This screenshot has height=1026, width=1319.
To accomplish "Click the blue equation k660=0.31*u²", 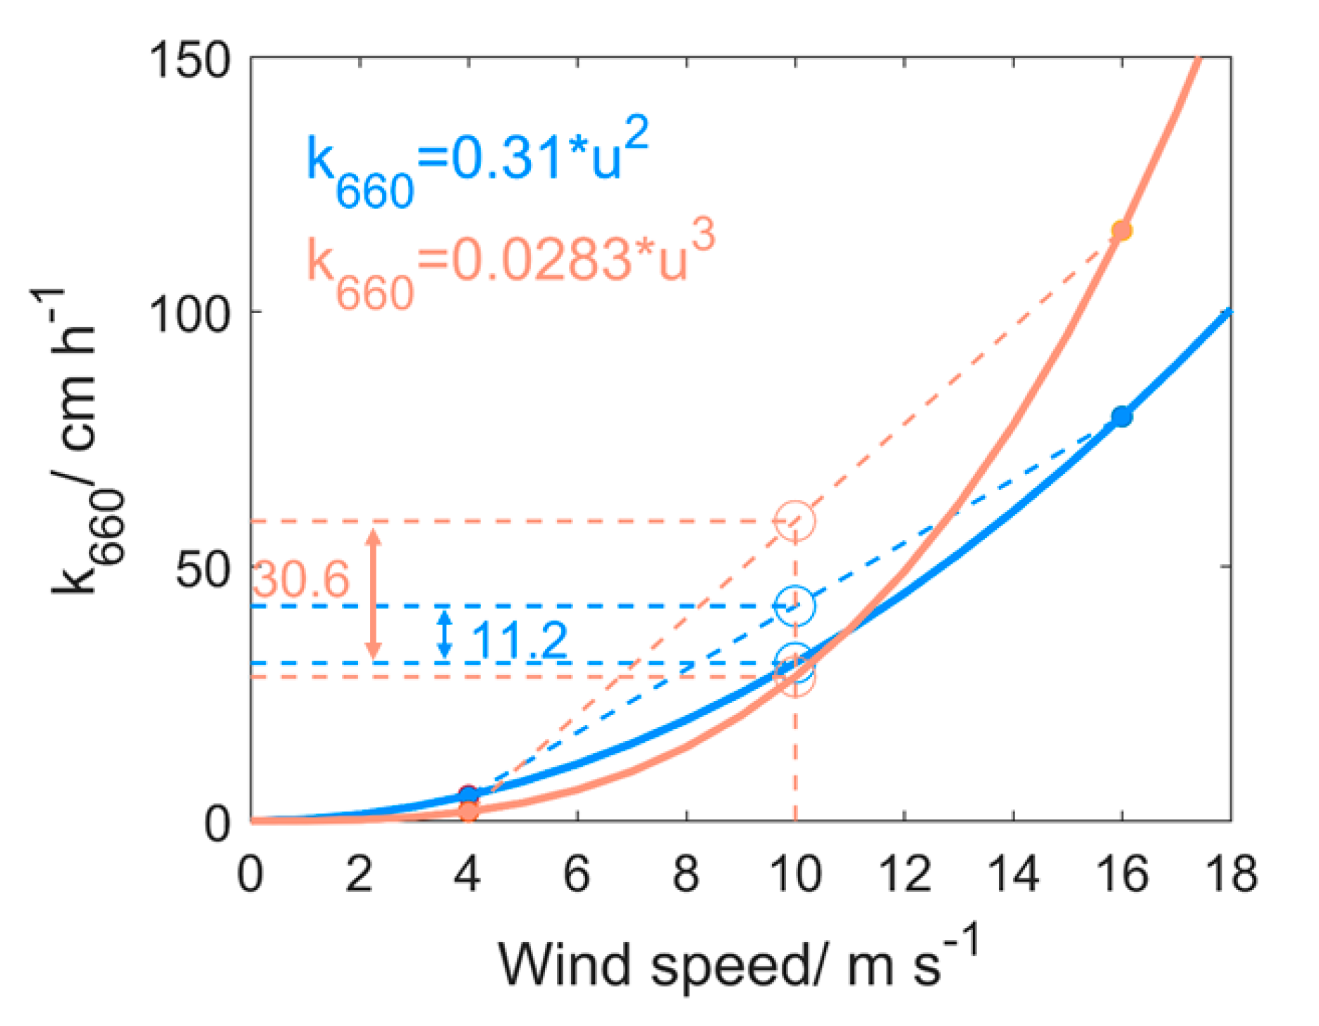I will (x=477, y=164).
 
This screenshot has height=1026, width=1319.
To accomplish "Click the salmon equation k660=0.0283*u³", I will (x=510, y=264).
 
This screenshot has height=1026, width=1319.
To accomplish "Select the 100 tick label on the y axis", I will (x=190, y=313).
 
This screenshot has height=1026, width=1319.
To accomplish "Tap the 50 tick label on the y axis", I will (x=203, y=568).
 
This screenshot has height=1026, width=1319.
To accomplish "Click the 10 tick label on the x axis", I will (x=795, y=874).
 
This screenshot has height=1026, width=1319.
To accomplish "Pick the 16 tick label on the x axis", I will (x=1121, y=874).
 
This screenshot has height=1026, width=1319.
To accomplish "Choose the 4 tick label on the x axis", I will (x=467, y=874).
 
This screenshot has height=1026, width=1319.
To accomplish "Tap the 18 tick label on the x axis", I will (x=1231, y=874).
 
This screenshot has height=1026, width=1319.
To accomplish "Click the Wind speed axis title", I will (x=737, y=963).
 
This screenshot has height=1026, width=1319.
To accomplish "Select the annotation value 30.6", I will (x=300, y=580).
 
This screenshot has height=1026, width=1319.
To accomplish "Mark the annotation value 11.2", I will (x=518, y=640).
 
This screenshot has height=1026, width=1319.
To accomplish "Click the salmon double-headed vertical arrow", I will (x=374, y=594).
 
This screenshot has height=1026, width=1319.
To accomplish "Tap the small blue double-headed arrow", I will (x=444, y=634).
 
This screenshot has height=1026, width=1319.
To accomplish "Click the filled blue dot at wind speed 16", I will (x=1122, y=417).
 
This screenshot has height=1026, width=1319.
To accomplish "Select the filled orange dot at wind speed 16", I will (x=1122, y=231).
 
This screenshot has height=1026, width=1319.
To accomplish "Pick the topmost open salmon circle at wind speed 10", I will (x=795, y=520).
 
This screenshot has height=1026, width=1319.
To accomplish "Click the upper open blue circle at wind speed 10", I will (x=795, y=605).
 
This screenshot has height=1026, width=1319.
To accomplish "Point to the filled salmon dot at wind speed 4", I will (x=469, y=811).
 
